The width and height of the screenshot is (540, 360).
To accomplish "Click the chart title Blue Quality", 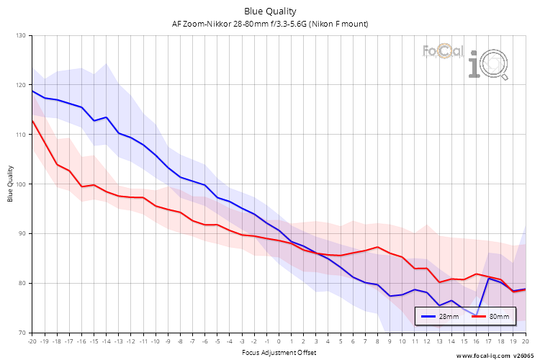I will point(270,11).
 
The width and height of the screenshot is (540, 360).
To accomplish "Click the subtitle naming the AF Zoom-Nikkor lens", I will point(270,24).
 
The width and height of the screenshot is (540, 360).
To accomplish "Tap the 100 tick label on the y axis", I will point(19,184).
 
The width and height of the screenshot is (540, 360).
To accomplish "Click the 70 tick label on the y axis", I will point(21,333).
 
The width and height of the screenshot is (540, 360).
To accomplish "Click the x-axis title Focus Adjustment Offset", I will point(278,353).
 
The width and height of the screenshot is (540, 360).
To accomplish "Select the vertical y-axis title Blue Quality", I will point(10,184).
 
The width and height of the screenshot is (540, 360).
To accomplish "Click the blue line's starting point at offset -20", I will point(32,91).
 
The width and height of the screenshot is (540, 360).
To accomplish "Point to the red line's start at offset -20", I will point(32,120).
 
